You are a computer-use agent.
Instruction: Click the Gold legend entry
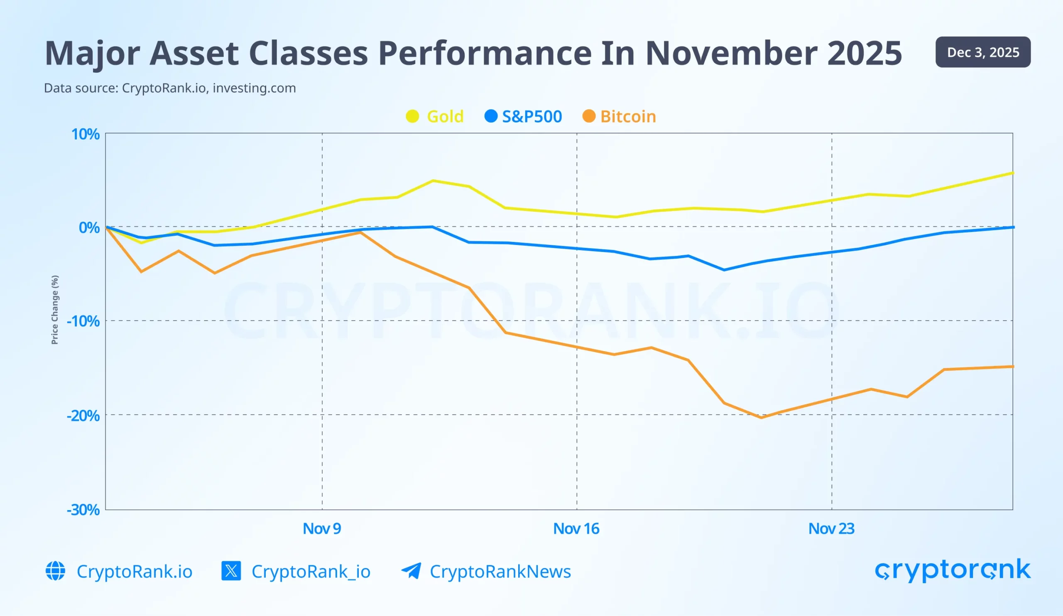(435, 116)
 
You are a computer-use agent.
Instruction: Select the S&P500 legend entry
(524, 116)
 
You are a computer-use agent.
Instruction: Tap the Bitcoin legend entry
(619, 116)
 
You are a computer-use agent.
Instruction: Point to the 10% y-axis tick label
(85, 134)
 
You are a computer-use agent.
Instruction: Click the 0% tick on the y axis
(89, 228)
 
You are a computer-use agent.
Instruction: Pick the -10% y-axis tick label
(83, 321)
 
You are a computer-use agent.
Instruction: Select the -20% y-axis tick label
(83, 416)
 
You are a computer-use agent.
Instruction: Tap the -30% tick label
(83, 510)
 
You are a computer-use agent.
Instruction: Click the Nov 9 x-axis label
(322, 529)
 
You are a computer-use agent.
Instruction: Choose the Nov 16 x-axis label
(576, 529)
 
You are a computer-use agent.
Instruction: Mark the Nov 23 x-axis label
(831, 529)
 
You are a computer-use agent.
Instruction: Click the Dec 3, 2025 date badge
(983, 52)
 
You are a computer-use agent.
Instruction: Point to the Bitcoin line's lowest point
(761, 418)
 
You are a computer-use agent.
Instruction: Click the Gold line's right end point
(1012, 173)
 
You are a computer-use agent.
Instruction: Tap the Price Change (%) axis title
(55, 310)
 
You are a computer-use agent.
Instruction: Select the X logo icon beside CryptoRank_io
(231, 571)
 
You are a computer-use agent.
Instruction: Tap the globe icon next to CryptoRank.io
(55, 571)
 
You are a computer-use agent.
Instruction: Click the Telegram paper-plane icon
(411, 571)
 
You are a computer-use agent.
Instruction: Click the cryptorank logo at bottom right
(953, 570)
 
